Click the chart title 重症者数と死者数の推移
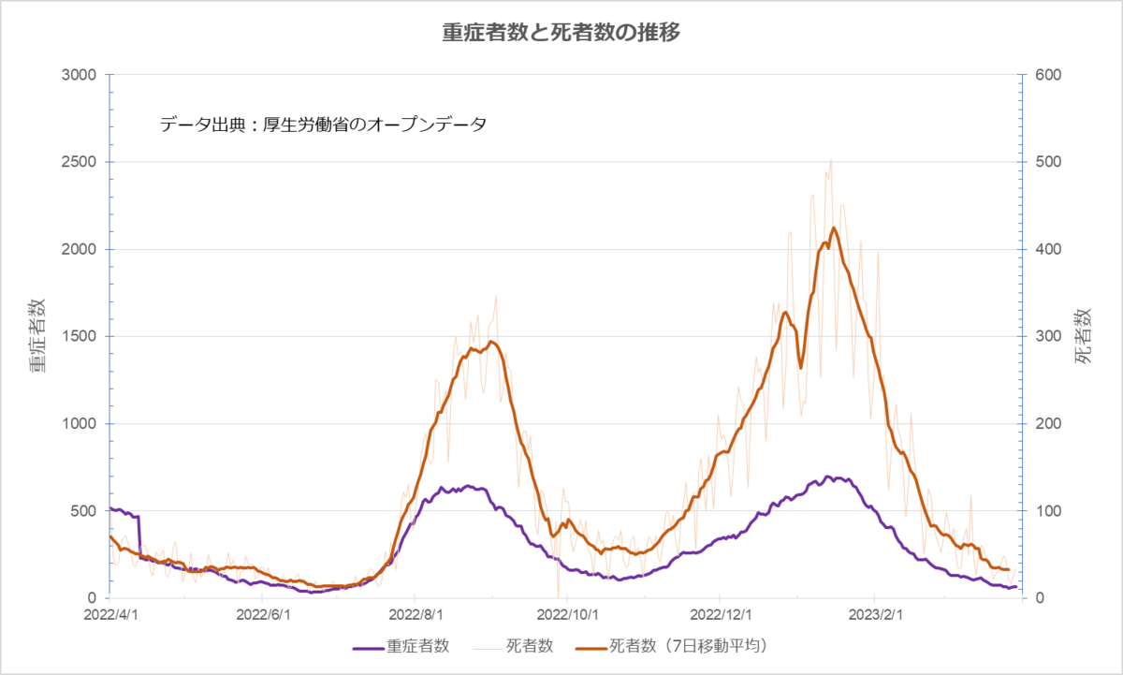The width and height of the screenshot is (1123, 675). pos(561,33)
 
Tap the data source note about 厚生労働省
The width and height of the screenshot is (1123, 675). pos(324,125)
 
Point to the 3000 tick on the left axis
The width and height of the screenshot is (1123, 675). pos(79,75)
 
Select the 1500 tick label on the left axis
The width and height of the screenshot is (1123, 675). pos(79,336)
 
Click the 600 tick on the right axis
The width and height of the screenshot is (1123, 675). pos(1048,75)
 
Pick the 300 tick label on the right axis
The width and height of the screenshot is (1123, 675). pos(1048,336)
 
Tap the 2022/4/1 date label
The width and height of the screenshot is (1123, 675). pos(110,615)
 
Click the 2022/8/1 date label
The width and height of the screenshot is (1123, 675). pos(416,615)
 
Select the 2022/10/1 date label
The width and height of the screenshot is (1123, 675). pos(567,615)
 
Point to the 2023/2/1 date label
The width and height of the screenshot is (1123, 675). pos(875,615)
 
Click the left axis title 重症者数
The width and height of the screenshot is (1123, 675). pos(37,335)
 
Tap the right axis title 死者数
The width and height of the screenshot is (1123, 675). pos(1083,336)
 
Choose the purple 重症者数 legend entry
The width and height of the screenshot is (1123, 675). pos(401,646)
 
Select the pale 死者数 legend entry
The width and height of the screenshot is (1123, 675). pos(513,646)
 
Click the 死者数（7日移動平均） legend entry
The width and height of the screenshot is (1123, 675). pos(673,646)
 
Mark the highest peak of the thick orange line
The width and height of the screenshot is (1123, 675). pos(834,227)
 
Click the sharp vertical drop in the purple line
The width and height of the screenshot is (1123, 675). pos(139,536)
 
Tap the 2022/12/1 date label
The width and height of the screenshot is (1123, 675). pos(721,615)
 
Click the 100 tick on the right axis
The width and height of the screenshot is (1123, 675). pos(1048,511)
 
